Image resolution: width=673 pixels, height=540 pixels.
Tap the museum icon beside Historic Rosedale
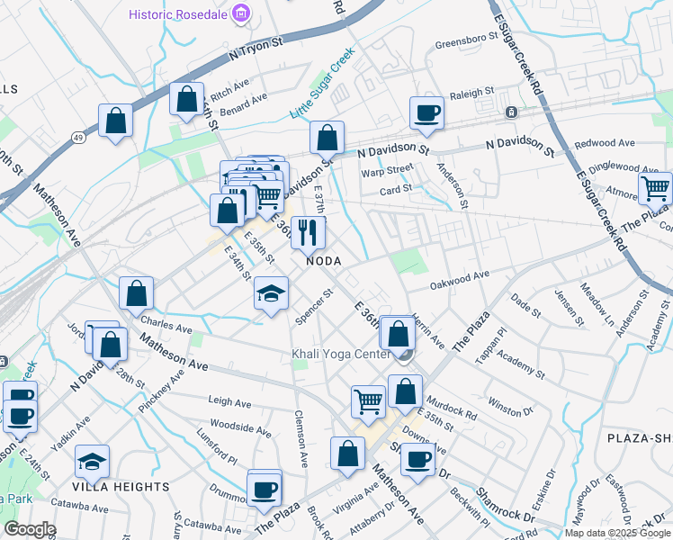pos(240,14)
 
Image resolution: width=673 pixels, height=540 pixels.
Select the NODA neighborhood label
pos(324,260)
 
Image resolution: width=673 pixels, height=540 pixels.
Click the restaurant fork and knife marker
pos(309,232)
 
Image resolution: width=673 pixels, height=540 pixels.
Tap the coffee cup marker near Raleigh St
pos(426,113)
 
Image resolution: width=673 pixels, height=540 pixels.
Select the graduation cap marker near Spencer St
pos(271,293)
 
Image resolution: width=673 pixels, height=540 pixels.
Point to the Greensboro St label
pos(466,40)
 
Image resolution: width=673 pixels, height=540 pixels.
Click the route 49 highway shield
pos(80,137)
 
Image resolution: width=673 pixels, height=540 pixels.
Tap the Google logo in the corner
pos(30,529)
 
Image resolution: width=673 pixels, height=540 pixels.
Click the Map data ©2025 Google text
pos(616,533)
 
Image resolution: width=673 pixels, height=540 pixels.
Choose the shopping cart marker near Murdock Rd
pos(368,402)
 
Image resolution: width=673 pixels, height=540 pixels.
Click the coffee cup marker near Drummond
pos(265,490)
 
